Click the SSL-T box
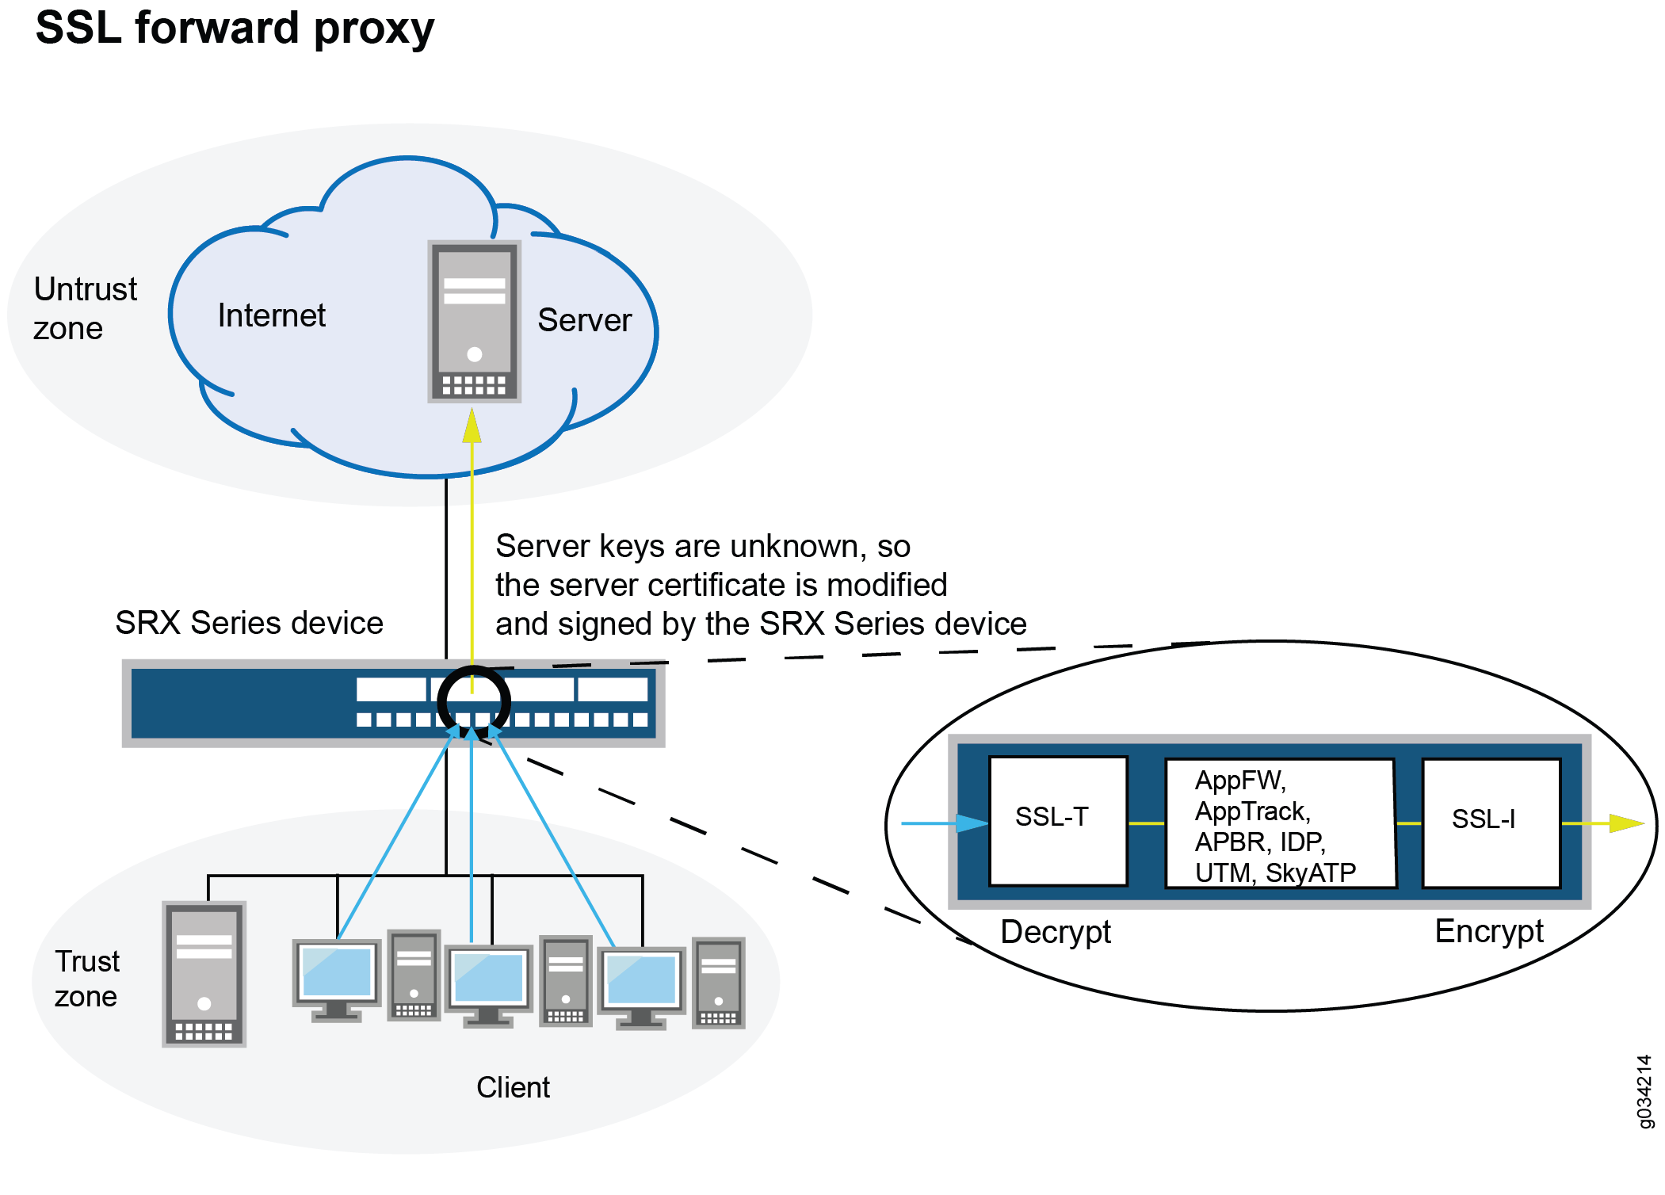pos(1057,819)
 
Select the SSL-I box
pos(1490,822)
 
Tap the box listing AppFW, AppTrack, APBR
pos(1278,824)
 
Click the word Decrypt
pos(1055,932)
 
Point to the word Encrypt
pos(1488,931)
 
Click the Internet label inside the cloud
pos(271,315)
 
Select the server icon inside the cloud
pos(474,322)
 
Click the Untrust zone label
pos(84,308)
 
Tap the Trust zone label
pos(86,979)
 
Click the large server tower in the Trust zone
pos(204,974)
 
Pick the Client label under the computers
pos(512,1087)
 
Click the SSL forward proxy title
pos(235,29)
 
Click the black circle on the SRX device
pos(473,701)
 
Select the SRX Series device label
pos(249,623)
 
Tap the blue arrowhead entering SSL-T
pos(971,823)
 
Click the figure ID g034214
pos(1644,1091)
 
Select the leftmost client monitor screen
pos(336,972)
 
